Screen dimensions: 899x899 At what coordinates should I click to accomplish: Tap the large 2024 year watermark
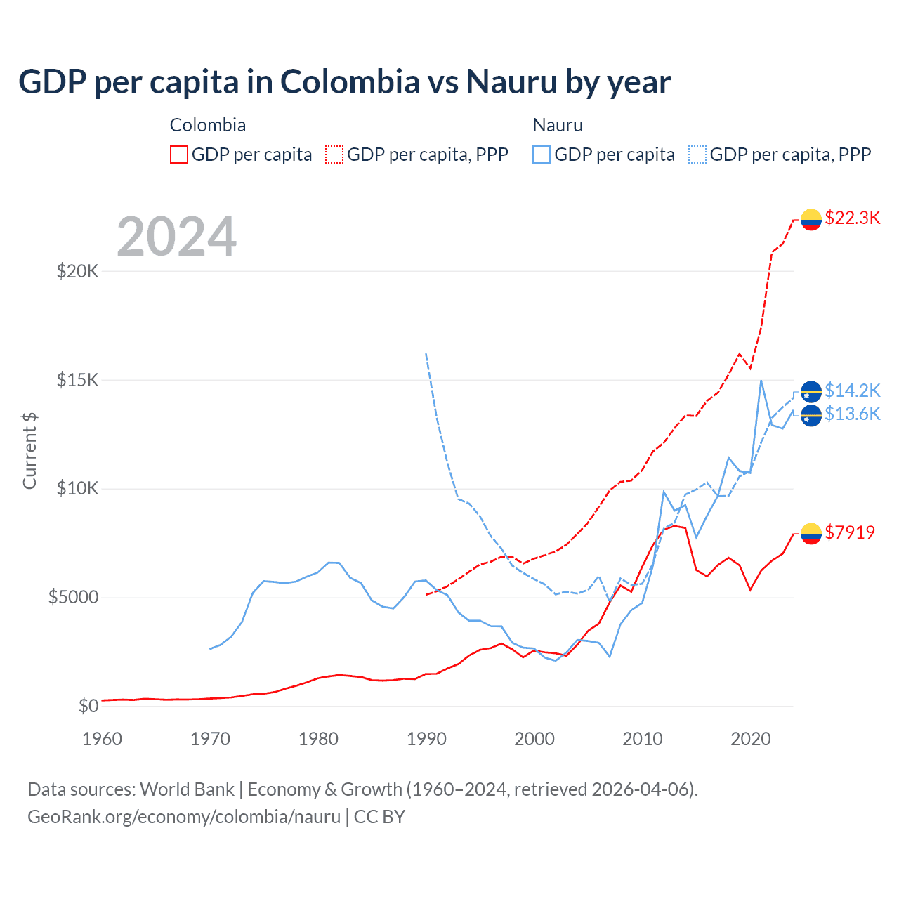pos(176,237)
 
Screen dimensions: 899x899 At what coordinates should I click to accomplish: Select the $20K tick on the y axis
pos(77,271)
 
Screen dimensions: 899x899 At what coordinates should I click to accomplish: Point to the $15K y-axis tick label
pos(77,380)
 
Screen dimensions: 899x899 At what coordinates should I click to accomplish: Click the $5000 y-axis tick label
pos(73,598)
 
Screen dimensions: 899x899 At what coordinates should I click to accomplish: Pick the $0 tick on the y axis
pos(88,706)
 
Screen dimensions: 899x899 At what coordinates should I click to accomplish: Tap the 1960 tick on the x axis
pos(103,739)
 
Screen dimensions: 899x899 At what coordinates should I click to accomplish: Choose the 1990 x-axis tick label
pos(426,739)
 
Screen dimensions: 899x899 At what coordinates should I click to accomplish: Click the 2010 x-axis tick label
pos(643,739)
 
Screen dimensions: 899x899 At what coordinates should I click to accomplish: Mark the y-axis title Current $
pos(29,450)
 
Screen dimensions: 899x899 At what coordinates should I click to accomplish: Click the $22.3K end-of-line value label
pos(852,218)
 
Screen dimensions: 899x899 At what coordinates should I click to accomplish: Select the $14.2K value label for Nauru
pos(852,390)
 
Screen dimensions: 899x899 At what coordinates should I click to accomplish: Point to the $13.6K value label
pos(852,414)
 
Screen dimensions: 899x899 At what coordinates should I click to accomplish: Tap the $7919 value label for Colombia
pos(850,532)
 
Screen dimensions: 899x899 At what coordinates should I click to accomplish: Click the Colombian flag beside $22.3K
pos(811,219)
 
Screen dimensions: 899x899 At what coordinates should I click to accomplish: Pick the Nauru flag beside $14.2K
pos(811,391)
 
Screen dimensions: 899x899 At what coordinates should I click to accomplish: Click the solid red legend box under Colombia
pos(179,155)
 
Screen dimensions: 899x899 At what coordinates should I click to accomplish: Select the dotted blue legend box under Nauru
pos(697,155)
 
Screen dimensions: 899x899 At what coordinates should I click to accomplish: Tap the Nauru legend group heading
pos(558,125)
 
